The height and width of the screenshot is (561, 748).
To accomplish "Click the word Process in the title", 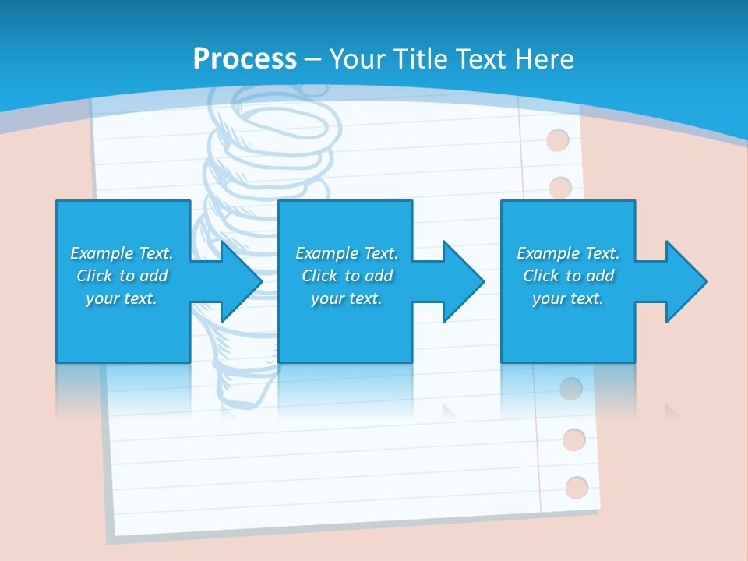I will pos(245,58).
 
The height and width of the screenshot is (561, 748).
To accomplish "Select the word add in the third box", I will pos(601,276).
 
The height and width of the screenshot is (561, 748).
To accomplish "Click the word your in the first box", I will pos(102,298).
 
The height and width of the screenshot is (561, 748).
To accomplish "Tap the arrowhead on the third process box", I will pos(685,281).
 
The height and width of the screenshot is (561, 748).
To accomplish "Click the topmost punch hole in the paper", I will pos(558,141).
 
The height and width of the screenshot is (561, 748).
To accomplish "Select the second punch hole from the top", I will pos(561,188).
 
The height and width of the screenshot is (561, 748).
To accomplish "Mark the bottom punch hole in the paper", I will pos(577,488).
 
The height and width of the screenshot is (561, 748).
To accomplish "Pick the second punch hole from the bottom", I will pos(574,439).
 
